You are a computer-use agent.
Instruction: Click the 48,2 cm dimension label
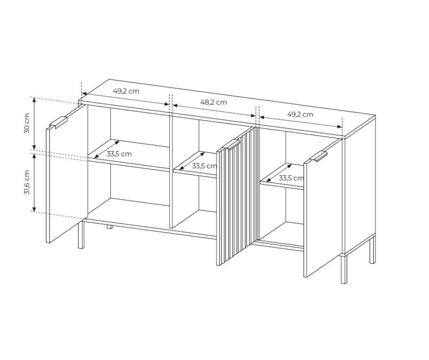[x=214, y=103]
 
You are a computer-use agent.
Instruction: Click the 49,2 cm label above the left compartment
[x=126, y=91]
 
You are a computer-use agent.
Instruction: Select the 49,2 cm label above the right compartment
[x=300, y=114]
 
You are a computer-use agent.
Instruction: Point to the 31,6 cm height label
[x=27, y=182]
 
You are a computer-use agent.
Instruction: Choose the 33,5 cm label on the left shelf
[x=119, y=154]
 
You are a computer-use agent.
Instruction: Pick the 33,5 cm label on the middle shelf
[x=204, y=166]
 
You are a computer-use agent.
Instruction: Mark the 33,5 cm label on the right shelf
[x=291, y=178]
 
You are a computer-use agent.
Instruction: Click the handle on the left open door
[x=58, y=122]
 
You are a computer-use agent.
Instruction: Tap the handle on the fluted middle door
[x=231, y=144]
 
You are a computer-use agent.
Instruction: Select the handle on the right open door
[x=318, y=156]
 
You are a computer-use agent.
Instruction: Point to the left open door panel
[x=67, y=174]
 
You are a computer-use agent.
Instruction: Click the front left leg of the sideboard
[x=81, y=235]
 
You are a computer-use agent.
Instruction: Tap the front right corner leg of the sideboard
[x=344, y=270]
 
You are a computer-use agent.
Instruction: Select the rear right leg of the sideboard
[x=372, y=249]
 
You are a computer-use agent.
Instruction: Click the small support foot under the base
[x=110, y=227]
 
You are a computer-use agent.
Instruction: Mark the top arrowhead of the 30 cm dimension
[x=34, y=99]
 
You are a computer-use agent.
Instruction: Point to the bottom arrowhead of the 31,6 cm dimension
[x=34, y=209]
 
